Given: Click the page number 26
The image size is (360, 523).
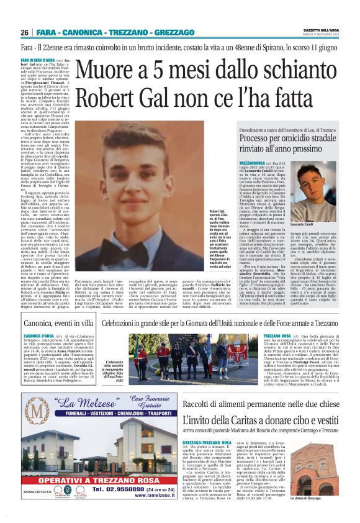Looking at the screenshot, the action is click(x=25, y=32).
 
